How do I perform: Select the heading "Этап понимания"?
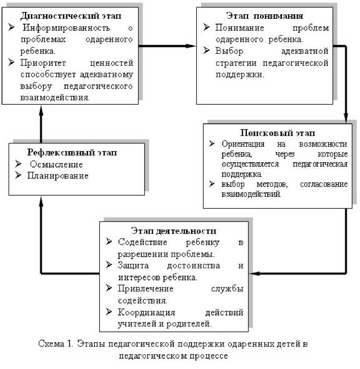coord(265,16)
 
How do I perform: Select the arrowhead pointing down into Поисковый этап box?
coord(346,119)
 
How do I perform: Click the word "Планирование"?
coord(57,176)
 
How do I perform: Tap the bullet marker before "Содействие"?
coord(109,242)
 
